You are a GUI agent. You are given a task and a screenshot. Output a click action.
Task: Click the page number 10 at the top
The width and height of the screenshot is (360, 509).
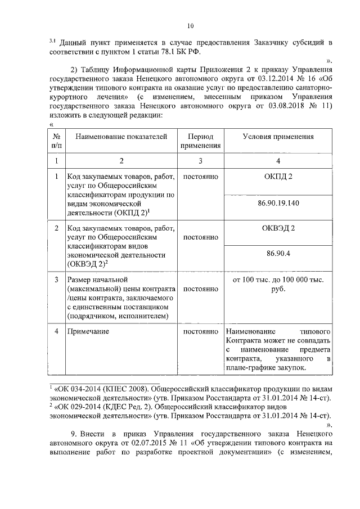[190, 25]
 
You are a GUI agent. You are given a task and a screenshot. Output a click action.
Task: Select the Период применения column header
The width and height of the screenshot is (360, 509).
[200, 141]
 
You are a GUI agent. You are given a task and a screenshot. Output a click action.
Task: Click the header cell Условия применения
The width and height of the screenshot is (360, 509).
[278, 137]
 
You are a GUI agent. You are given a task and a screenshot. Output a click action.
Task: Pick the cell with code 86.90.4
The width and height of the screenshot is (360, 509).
[278, 254]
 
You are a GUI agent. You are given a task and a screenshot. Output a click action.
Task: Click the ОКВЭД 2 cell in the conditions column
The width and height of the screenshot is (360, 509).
[278, 228]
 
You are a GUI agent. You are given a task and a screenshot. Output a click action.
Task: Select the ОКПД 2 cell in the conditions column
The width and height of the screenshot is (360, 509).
[278, 177]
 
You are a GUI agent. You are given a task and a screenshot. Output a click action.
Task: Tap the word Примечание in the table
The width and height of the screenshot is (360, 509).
[88, 331]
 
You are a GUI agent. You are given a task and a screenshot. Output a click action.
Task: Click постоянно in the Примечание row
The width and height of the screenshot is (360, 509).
[200, 331]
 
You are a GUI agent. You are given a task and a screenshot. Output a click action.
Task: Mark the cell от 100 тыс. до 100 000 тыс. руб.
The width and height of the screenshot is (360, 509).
[278, 283]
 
